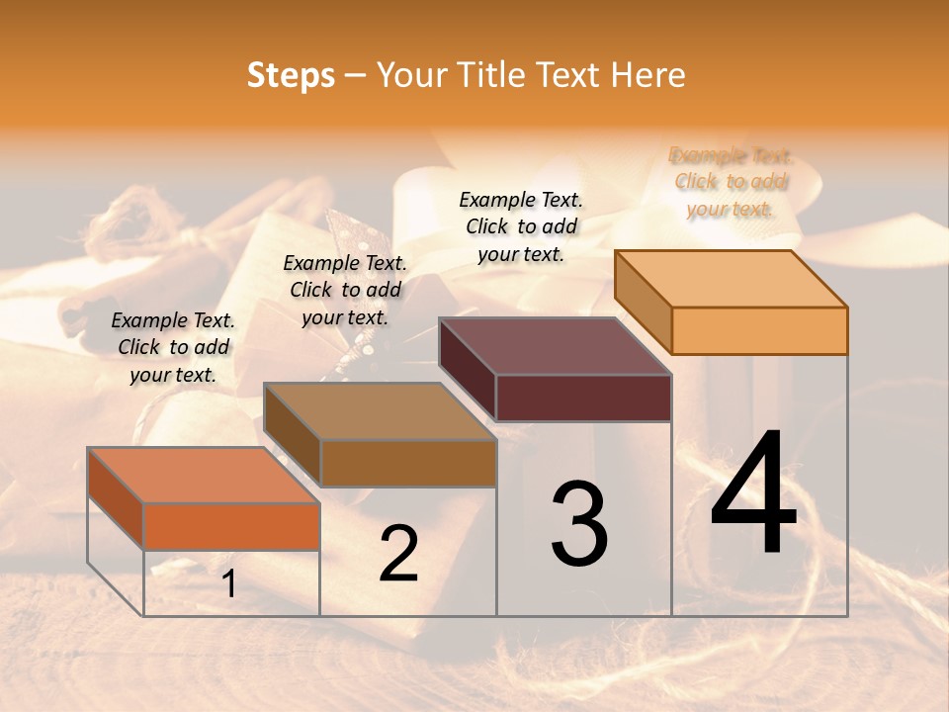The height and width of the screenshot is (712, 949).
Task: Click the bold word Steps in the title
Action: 291,75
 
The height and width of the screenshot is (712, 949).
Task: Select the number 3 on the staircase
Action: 578,524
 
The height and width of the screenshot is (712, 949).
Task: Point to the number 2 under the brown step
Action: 398,554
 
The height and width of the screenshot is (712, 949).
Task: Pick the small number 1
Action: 229,583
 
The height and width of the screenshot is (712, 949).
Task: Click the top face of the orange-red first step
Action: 204,475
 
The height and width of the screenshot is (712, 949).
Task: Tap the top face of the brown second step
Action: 380,410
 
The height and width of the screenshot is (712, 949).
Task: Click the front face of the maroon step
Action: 583,398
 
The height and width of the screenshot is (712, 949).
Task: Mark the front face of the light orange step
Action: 759,330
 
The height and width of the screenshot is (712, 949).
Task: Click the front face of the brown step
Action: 408,463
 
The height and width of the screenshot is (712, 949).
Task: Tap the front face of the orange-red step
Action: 231,526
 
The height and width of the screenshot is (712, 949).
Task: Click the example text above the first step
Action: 173,347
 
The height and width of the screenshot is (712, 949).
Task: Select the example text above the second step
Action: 345,290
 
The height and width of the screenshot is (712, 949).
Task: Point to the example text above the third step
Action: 521,226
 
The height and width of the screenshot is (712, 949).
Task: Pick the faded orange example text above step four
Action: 730,182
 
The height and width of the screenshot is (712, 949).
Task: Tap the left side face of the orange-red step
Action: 116,499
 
